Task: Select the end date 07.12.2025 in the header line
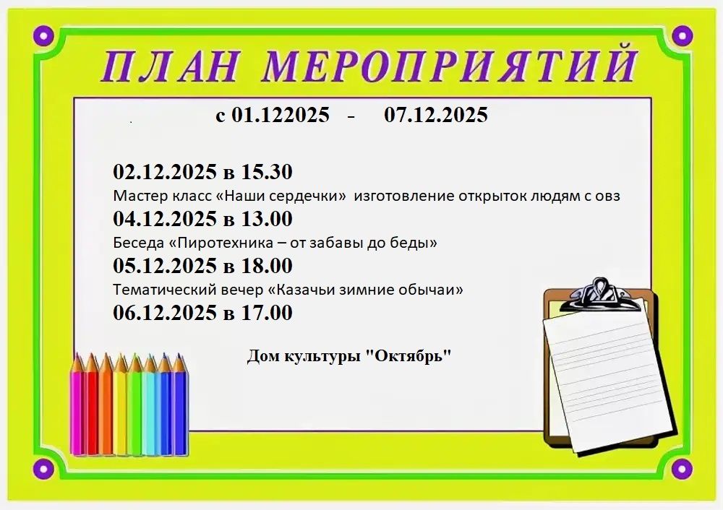[x=436, y=114]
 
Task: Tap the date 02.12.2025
[x=165, y=172]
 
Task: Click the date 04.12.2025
[x=165, y=219]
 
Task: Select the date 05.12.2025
[x=165, y=266]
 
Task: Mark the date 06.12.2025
[x=165, y=313]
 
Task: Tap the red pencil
[x=93, y=405]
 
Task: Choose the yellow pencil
[x=120, y=405]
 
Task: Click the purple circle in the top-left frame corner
[x=44, y=35]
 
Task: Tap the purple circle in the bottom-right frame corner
[x=682, y=469]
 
